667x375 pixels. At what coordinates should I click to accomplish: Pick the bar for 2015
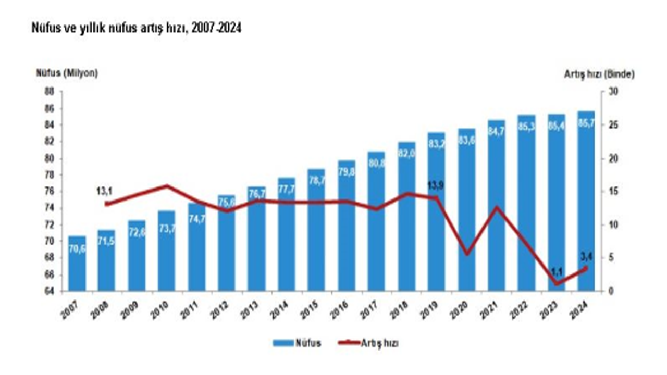click(x=316, y=229)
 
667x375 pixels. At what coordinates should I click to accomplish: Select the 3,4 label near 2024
click(x=585, y=255)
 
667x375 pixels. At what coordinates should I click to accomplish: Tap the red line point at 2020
click(x=467, y=254)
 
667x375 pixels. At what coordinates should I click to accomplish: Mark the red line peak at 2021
click(x=497, y=207)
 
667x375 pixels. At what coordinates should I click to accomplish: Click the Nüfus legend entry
click(x=297, y=343)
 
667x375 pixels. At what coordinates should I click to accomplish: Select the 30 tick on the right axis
click(x=613, y=92)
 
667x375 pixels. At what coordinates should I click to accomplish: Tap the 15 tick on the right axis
click(x=613, y=192)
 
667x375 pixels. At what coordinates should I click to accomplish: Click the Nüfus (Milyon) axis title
click(x=67, y=73)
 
